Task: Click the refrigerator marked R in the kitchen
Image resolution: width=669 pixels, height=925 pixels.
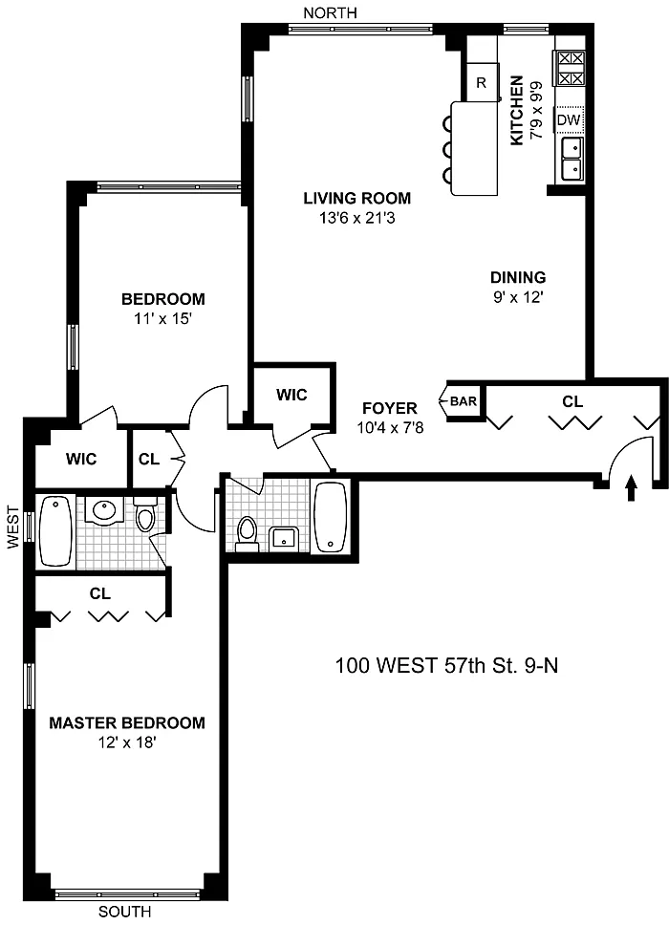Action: (481, 82)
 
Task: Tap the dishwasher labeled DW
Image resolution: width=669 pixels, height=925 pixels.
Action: (569, 119)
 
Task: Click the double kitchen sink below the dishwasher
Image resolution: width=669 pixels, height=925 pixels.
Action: (572, 159)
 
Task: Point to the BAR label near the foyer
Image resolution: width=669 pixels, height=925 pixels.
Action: (464, 401)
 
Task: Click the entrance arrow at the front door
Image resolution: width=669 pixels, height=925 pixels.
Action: (631, 488)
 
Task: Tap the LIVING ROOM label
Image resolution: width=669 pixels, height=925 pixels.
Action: (356, 198)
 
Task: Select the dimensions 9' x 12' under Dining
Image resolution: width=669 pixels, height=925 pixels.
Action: (518, 297)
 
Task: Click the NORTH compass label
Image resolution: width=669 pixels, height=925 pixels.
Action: (330, 12)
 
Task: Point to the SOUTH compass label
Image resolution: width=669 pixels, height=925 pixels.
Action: (124, 912)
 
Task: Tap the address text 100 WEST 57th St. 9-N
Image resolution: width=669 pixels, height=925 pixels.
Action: (446, 665)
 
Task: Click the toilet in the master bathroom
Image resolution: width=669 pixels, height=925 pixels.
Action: (144, 514)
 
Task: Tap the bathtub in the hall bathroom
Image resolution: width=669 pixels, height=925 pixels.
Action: (331, 517)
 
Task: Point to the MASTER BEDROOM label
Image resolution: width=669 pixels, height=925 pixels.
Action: (127, 722)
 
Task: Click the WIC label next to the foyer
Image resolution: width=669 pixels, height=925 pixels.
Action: (291, 395)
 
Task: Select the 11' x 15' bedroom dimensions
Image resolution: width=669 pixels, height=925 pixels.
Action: (163, 319)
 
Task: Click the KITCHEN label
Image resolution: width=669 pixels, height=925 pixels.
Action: (517, 110)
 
